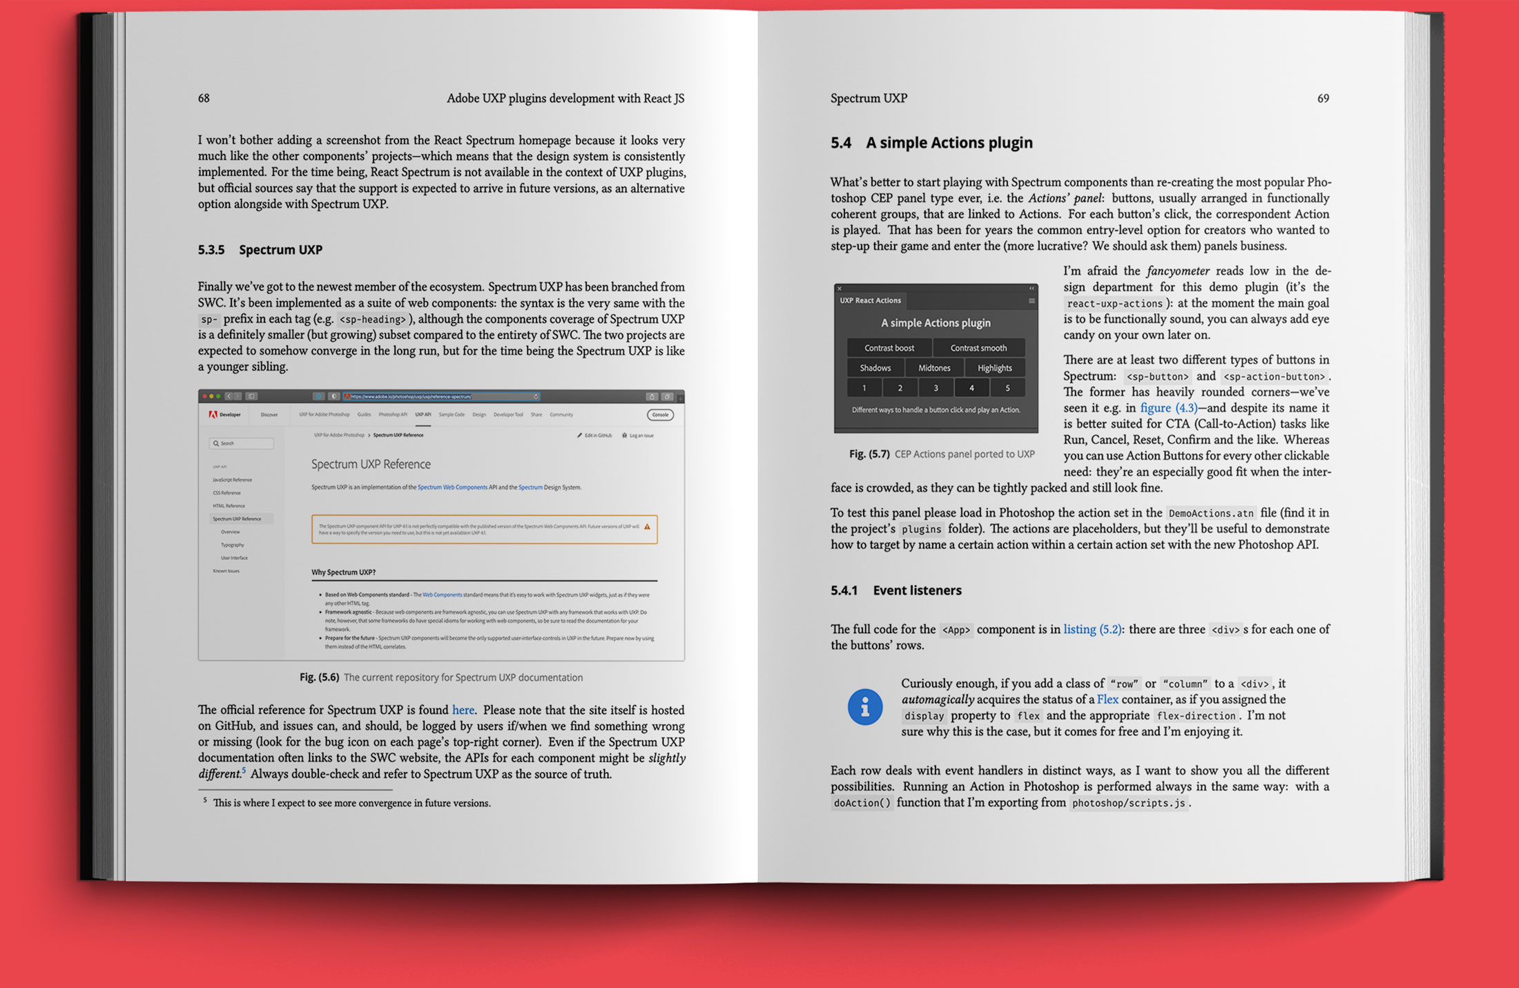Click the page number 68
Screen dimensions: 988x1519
tap(204, 98)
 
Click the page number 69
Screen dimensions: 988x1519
tap(1322, 98)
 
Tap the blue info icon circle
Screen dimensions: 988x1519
tap(865, 706)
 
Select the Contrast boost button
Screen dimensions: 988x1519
tap(889, 348)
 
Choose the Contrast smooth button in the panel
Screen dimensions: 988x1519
tap(978, 348)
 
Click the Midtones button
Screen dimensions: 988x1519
tap(934, 368)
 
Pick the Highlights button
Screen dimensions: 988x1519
tap(994, 368)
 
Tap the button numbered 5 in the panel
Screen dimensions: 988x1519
tap(1007, 388)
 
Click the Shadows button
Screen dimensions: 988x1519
tap(875, 368)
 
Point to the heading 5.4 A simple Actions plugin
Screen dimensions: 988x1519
tap(931, 143)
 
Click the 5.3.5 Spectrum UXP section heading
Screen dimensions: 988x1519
tap(260, 250)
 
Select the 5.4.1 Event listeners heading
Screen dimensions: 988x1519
tap(896, 590)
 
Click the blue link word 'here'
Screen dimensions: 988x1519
tap(463, 710)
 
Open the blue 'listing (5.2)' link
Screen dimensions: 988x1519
tap(1092, 629)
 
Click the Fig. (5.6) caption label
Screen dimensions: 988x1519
tap(319, 677)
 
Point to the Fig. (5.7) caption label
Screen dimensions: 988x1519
tap(869, 454)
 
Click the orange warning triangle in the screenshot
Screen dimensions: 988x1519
tap(647, 527)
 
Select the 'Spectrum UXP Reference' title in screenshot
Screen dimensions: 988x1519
tap(371, 464)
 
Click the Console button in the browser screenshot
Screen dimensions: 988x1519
tap(660, 415)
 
